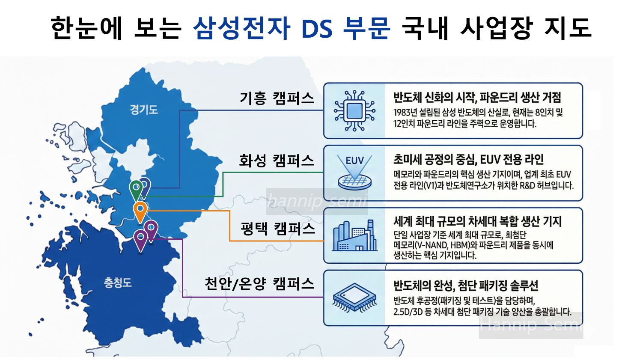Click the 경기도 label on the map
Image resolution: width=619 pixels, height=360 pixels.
[x=144, y=110]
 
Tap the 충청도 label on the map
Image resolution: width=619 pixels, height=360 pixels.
[x=117, y=283]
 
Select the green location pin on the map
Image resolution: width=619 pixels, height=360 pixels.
[x=136, y=188]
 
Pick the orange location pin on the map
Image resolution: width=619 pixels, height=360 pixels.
[x=140, y=210]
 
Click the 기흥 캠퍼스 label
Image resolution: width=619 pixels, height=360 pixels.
[x=277, y=98]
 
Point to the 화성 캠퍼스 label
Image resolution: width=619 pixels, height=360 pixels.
[x=277, y=161]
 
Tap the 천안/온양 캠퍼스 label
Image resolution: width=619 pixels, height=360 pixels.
[x=259, y=283]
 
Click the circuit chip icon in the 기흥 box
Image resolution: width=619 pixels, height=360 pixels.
[x=354, y=110]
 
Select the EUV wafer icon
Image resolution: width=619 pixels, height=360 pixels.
[x=354, y=173]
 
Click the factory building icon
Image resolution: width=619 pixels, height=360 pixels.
[x=355, y=236]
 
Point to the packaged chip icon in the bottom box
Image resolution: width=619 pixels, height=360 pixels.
[x=355, y=298]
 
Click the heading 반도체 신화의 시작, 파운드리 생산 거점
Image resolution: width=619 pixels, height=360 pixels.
[x=477, y=98]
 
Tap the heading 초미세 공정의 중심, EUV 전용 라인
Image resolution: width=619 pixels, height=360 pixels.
[x=468, y=160]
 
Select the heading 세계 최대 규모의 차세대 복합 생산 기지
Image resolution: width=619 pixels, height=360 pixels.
[x=477, y=221]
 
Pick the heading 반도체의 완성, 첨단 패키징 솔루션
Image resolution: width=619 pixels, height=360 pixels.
[x=466, y=285]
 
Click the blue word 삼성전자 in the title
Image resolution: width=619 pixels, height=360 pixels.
[x=241, y=28]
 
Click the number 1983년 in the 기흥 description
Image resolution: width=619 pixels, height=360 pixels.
[x=405, y=113]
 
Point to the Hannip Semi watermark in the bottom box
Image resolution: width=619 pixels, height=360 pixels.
[x=531, y=325]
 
